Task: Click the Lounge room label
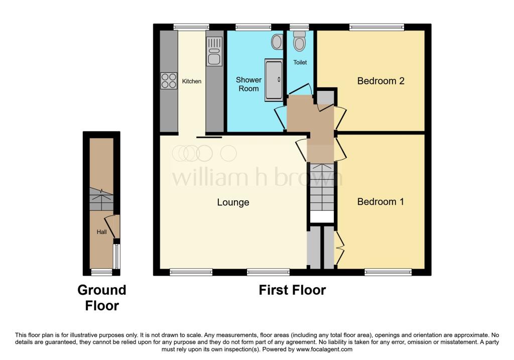point(233,202)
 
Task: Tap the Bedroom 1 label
point(380,202)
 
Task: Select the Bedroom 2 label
point(381,81)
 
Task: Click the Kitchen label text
point(192,81)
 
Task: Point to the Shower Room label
point(249,84)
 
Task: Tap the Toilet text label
point(300,62)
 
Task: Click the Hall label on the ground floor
point(101,232)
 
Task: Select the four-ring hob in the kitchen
point(169,81)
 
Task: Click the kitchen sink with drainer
point(214,51)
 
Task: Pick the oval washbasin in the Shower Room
point(277,42)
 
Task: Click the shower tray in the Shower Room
point(274,80)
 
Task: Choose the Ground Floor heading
point(102,298)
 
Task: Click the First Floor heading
point(293,290)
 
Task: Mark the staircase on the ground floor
point(101,199)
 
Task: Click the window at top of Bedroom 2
point(376,27)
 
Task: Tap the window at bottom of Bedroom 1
point(388,272)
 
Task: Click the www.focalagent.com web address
point(324,349)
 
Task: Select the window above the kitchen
point(191,27)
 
